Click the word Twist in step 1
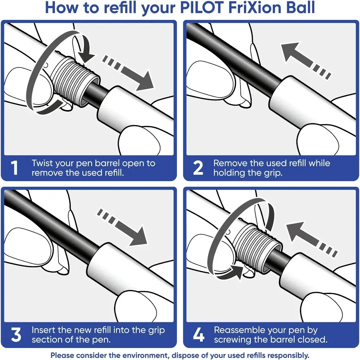43,163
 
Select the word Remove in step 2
230,163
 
